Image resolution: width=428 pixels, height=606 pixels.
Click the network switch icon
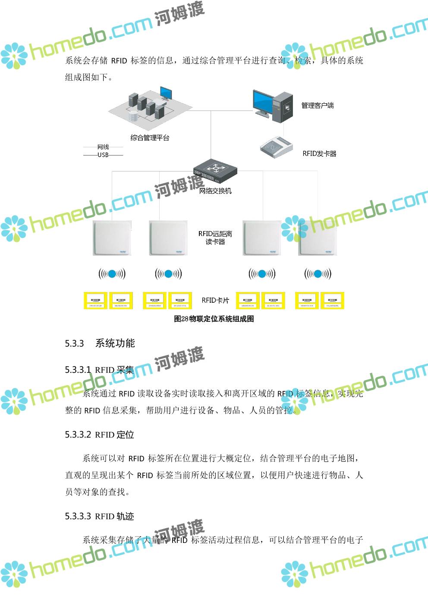[215, 169]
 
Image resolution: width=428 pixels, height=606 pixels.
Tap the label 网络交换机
[215, 190]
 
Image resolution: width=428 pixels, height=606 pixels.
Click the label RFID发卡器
[319, 153]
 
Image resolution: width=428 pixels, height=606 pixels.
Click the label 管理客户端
[318, 105]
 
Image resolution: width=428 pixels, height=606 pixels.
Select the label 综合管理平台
[150, 138]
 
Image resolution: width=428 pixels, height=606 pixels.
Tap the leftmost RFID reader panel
[112, 238]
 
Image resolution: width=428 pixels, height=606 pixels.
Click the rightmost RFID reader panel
[318, 238]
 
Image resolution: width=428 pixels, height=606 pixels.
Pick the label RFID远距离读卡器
[215, 238]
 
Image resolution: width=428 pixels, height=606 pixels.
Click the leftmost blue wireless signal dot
[112, 273]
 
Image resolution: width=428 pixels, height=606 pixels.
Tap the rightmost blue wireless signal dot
[318, 273]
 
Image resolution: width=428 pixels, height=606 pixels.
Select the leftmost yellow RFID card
[95, 301]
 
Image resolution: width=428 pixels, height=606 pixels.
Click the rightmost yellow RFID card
[332, 301]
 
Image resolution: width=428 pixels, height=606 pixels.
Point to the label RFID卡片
[215, 300]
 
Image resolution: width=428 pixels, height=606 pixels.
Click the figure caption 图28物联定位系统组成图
[214, 319]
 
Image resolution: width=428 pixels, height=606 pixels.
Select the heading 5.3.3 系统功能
[100, 343]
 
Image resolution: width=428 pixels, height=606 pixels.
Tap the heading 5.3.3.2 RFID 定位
[100, 435]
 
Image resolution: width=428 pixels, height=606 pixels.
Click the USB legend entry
[103, 155]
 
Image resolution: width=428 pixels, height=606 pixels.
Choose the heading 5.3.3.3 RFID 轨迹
[100, 516]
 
